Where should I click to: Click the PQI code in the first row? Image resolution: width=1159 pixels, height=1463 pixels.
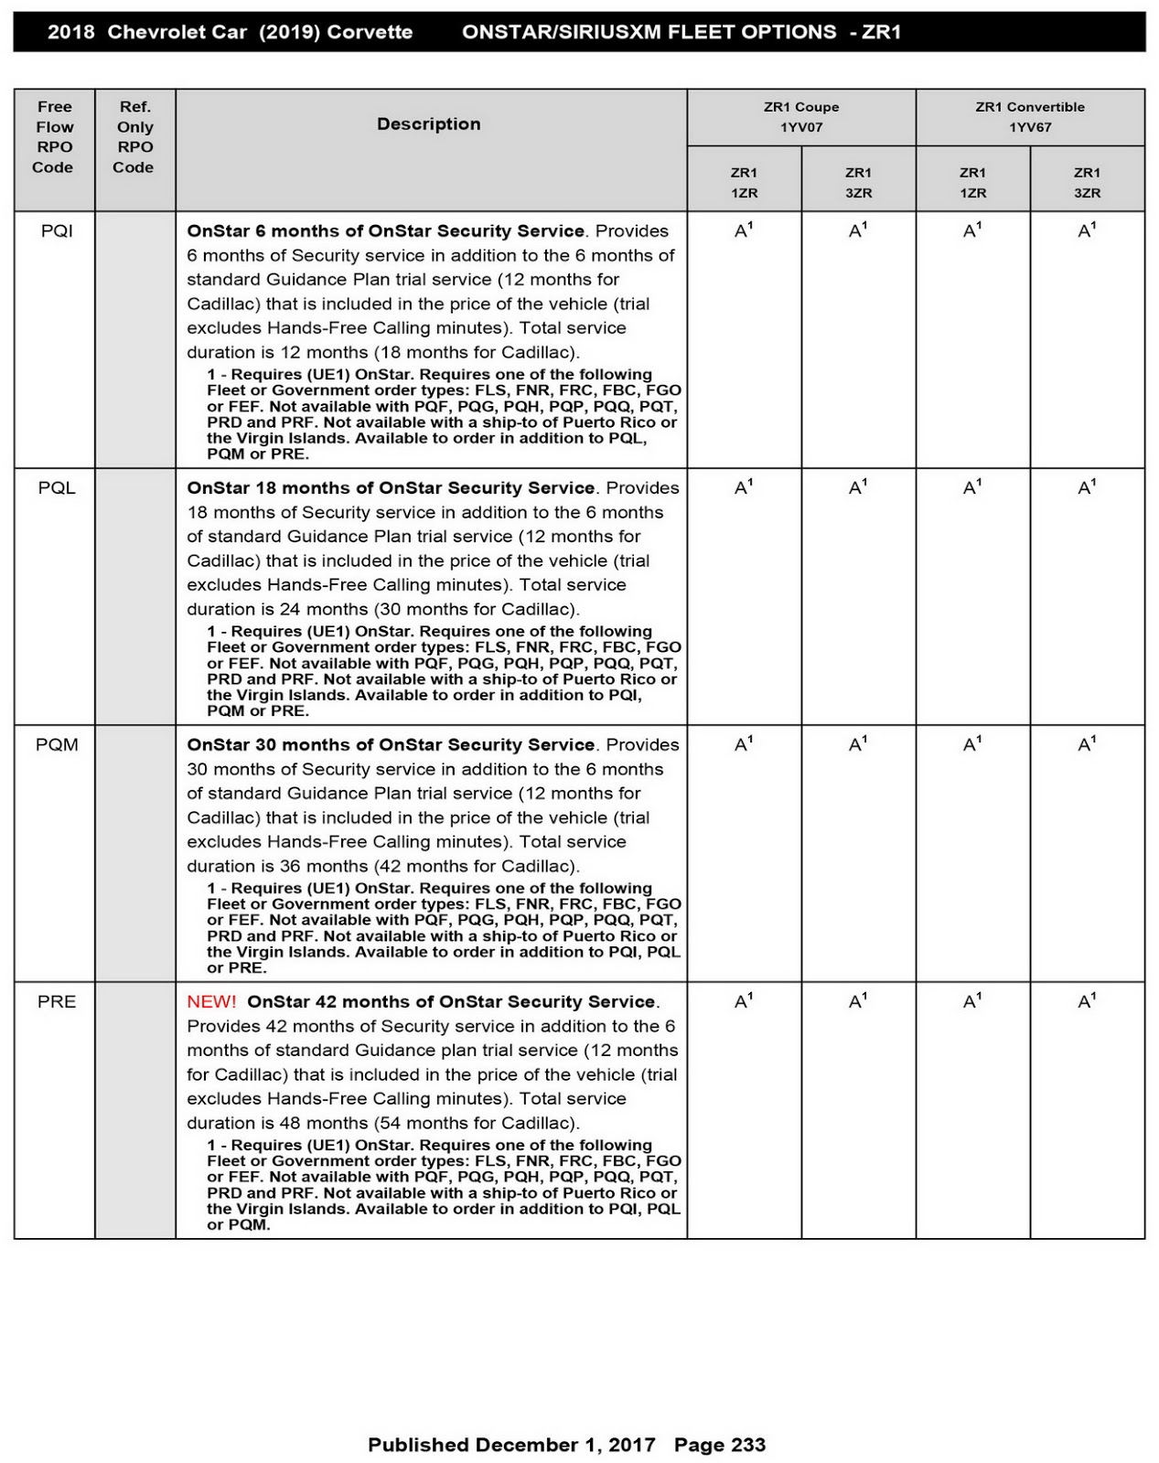tap(57, 231)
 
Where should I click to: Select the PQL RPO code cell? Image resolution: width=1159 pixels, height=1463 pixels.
tap(57, 488)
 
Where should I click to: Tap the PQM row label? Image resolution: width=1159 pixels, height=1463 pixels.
tap(57, 745)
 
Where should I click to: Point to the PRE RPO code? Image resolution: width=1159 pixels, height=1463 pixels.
tap(57, 1002)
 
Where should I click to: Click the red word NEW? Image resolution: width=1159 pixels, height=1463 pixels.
tap(211, 1002)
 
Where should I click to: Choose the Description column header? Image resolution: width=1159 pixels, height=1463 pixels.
tap(429, 124)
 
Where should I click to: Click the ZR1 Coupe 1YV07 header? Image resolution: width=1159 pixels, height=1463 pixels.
tap(801, 117)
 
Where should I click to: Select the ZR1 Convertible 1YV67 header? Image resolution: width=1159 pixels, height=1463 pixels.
tap(1030, 117)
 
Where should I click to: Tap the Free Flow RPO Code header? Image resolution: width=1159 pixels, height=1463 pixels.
tap(54, 137)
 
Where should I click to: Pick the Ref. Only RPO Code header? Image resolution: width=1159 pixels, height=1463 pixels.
tap(134, 137)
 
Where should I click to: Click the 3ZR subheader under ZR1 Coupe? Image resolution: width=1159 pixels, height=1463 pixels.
tap(858, 183)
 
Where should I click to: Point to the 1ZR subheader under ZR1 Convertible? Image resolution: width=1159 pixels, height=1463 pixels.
tap(972, 183)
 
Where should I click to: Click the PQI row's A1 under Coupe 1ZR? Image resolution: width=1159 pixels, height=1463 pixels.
tap(744, 230)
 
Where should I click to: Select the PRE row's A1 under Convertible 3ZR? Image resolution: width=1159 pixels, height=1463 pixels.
tap(1087, 1001)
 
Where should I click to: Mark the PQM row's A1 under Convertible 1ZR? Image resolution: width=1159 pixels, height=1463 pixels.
tap(972, 744)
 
